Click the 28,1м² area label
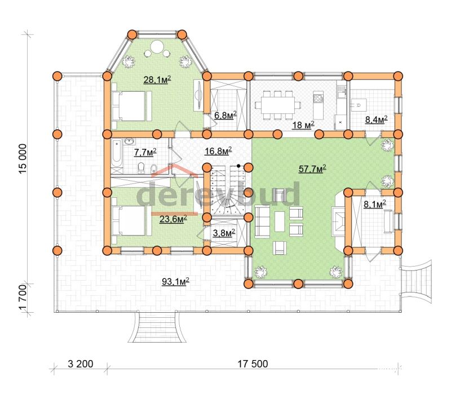click(x=157, y=79)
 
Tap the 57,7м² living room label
click(x=312, y=168)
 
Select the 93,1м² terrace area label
click(x=175, y=281)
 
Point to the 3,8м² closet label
click(x=224, y=233)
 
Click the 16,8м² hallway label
click(x=218, y=150)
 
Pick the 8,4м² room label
click(x=376, y=119)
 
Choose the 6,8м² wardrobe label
click(x=225, y=116)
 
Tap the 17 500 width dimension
click(x=253, y=364)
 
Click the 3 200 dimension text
click(x=81, y=364)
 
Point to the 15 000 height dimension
click(x=23, y=159)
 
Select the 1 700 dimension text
click(x=23, y=298)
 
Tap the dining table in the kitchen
click(x=278, y=105)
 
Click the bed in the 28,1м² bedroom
click(x=132, y=106)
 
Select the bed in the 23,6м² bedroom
click(x=132, y=220)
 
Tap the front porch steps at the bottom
click(x=157, y=327)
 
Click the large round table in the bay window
click(x=157, y=46)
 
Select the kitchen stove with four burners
click(x=318, y=99)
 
